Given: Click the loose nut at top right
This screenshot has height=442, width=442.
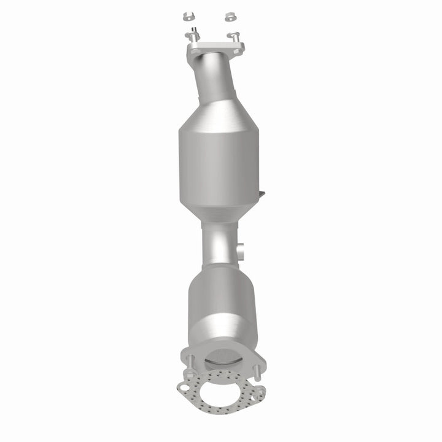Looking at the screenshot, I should (x=230, y=17).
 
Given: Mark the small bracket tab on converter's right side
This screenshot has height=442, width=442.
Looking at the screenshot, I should (x=262, y=195).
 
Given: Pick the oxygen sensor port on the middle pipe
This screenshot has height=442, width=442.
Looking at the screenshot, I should (x=241, y=250).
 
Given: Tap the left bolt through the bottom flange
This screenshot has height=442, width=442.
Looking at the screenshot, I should (x=190, y=363).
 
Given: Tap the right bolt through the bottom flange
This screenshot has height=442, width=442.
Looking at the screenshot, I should (x=258, y=371).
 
